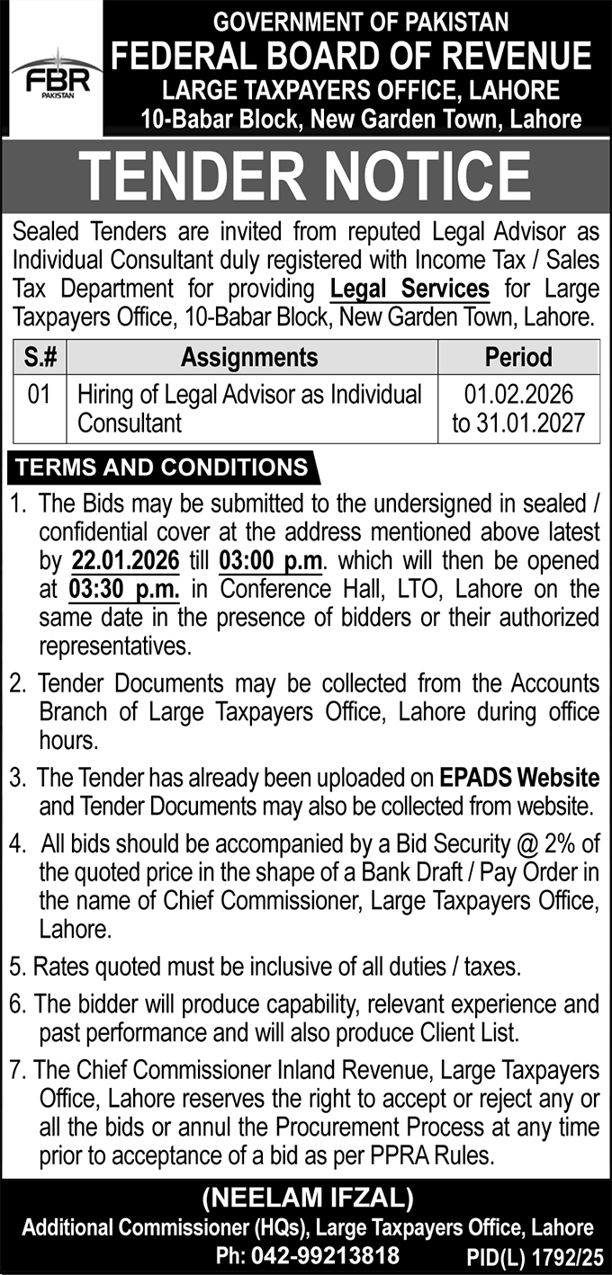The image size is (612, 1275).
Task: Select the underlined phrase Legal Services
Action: point(409,290)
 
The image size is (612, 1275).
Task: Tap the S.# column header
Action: point(37,357)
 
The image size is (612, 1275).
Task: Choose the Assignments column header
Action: point(249,357)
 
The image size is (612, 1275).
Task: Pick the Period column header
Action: point(518,357)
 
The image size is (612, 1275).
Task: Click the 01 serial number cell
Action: point(38,395)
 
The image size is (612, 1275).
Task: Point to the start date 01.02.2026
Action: point(519,395)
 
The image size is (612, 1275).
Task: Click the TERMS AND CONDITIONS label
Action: point(162,468)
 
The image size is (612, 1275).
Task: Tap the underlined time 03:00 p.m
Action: point(270,562)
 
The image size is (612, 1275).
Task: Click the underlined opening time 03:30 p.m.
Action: point(122,589)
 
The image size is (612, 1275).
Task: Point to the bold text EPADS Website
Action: point(519,776)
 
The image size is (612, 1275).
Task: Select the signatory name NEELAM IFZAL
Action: point(306,1198)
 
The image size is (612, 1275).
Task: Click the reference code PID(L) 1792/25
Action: point(536,1256)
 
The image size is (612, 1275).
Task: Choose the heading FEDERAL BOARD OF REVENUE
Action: point(351,56)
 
